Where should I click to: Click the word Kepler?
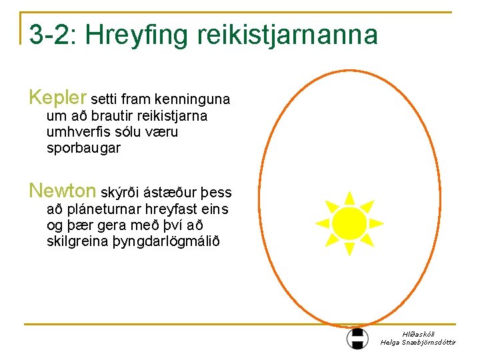[x=58, y=99]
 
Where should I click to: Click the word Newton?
[x=63, y=191]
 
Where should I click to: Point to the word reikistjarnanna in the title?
[x=287, y=35]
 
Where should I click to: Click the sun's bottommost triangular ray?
[x=348, y=249]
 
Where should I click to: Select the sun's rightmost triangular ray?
[x=375, y=223]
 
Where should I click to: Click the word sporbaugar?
[x=83, y=148]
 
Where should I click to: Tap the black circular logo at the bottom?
[x=357, y=338]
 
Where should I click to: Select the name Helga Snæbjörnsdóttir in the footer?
[x=418, y=342]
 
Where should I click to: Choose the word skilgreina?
[x=77, y=241]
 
